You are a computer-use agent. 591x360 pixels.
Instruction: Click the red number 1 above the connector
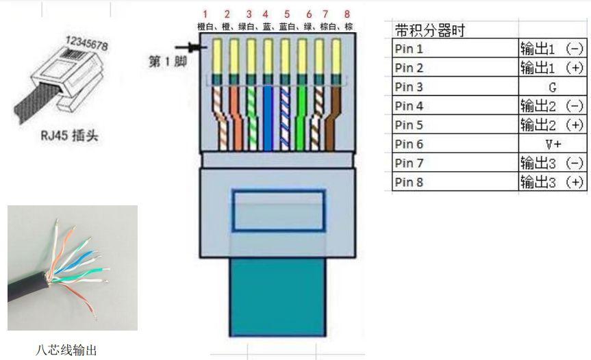pos(205,14)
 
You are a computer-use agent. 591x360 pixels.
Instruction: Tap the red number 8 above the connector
pos(347,14)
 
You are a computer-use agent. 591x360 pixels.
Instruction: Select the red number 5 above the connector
pos(286,14)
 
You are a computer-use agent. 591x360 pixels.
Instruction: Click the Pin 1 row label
pos(410,49)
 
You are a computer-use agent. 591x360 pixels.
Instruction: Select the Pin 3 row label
pos(410,87)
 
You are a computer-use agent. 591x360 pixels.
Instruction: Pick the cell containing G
pos(552,87)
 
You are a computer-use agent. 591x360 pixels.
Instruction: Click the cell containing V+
pos(553,144)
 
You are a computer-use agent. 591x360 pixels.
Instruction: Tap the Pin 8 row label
pos(410,182)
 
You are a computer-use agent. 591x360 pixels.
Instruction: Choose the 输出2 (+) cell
pos(552,125)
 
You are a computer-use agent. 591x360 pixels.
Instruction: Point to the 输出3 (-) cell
pos(552,163)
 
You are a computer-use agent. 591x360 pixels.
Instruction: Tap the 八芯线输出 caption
pos(66,350)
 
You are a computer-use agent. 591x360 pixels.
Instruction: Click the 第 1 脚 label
pos(168,62)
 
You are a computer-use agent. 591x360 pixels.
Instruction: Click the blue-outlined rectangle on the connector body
pos(277,210)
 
